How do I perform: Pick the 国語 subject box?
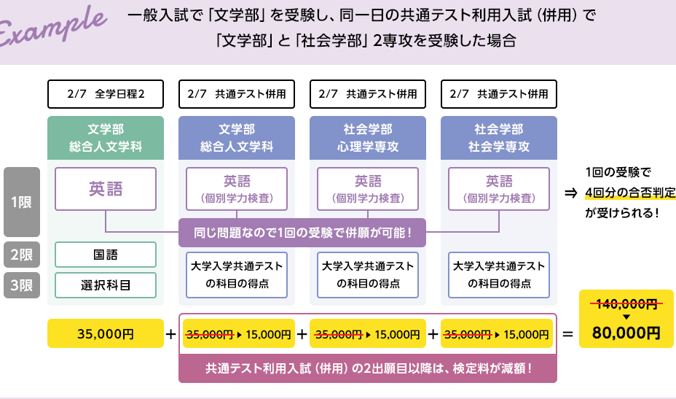pos(106,255)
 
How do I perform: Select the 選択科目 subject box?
pos(106,284)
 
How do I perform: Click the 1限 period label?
pos(21,202)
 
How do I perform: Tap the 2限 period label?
pos(21,255)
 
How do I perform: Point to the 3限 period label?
pos(21,285)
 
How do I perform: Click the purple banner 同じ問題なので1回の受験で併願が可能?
pos(302,233)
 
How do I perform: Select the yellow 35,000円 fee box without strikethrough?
pos(106,334)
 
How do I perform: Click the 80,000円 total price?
pos(626,333)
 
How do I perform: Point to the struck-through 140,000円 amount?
pos(626,304)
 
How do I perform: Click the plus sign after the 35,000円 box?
pos(171,335)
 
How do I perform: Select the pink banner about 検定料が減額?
pos(368,368)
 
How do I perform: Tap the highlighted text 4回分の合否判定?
pos(629,193)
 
